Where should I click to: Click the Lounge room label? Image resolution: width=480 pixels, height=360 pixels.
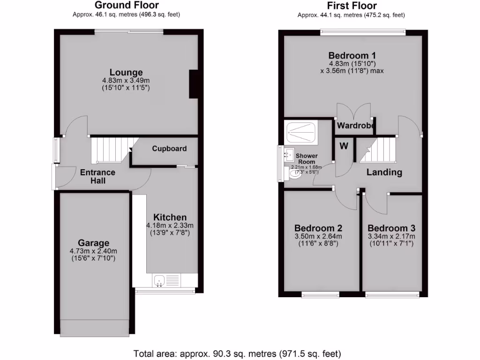coord(126,73)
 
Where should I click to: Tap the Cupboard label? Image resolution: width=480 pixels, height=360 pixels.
coord(169,149)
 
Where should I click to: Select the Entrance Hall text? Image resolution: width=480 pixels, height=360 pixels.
coord(97,176)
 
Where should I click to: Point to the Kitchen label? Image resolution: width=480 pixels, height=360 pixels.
coord(170,217)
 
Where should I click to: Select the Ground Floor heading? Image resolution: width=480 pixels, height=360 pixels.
coord(127,6)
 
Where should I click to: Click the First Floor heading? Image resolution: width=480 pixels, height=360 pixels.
coord(352,6)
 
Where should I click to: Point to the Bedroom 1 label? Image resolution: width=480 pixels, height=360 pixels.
coord(352,55)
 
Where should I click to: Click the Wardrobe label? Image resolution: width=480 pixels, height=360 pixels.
coord(355,126)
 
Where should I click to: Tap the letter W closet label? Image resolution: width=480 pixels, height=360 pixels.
coord(344,146)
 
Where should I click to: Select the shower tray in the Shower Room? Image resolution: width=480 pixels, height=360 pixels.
coord(302,132)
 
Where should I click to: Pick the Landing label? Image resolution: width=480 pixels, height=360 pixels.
coord(384,172)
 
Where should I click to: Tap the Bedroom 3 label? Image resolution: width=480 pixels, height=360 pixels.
coord(391,228)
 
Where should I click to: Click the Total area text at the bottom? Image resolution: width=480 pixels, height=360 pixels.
coord(237,353)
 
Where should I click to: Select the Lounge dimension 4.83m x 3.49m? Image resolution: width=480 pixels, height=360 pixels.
coord(126,81)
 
